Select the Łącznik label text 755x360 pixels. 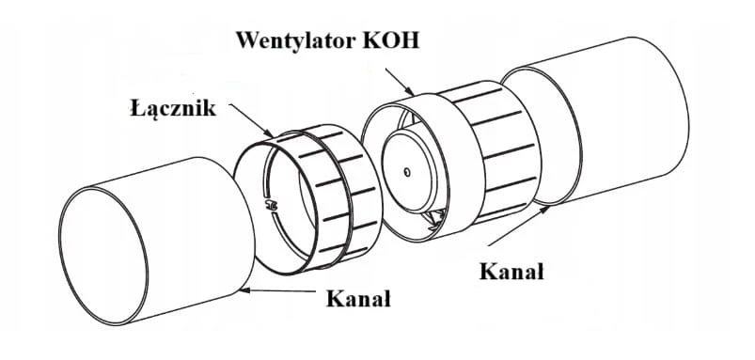click(173, 108)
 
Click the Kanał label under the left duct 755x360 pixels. click(358, 299)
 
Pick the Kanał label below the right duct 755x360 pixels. click(511, 272)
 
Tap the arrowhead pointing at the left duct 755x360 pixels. click(245, 290)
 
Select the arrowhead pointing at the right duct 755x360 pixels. click(543, 211)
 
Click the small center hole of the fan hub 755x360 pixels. click(407, 171)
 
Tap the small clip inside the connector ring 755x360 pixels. click(270, 206)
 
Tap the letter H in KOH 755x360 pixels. click(411, 39)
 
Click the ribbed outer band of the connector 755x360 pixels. click(337, 193)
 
